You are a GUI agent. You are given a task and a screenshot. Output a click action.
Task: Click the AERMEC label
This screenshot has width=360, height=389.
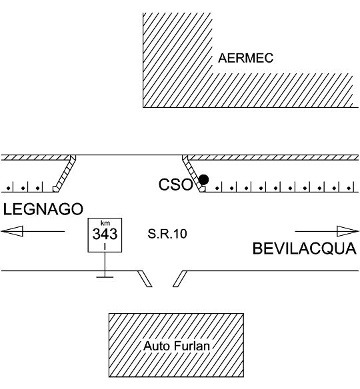click(245, 58)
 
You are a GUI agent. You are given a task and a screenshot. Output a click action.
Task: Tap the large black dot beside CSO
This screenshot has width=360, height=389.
click(203, 180)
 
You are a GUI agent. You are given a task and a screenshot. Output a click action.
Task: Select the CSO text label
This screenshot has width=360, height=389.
click(176, 185)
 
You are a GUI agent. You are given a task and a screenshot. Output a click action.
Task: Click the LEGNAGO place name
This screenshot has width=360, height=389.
click(43, 209)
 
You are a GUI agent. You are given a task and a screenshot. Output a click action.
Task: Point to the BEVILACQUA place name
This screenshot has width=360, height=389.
click(305, 248)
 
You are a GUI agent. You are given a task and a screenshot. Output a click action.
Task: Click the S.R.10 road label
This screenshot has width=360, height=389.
click(167, 234)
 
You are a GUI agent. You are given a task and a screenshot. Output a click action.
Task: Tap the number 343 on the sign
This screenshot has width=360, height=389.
click(105, 234)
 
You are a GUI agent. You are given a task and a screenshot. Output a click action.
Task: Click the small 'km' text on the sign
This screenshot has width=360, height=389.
click(105, 222)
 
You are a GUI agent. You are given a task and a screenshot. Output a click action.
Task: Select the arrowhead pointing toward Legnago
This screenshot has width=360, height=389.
click(13, 231)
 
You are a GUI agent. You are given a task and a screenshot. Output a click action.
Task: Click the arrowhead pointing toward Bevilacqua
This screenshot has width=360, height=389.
click(347, 231)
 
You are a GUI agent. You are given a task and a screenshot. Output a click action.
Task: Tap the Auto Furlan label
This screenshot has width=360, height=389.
click(177, 346)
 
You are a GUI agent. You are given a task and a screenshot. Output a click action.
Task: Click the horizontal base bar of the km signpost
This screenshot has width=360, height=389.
click(105, 277)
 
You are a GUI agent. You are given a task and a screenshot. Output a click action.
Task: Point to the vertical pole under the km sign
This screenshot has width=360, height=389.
click(105, 264)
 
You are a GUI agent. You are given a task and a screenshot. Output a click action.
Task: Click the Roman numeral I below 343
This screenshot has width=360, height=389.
click(105, 246)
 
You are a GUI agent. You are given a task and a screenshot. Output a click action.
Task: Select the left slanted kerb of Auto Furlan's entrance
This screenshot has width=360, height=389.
click(145, 279)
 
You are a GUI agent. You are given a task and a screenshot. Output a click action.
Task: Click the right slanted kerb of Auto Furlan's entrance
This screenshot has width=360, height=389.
click(180, 279)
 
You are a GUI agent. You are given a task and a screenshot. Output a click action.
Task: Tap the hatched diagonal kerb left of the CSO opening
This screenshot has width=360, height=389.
click(65, 173)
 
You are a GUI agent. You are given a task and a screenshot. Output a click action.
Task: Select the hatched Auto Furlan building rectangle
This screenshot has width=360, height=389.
click(176, 322)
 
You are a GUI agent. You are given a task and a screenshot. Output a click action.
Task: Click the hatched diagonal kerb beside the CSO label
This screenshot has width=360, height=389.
click(193, 173)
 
